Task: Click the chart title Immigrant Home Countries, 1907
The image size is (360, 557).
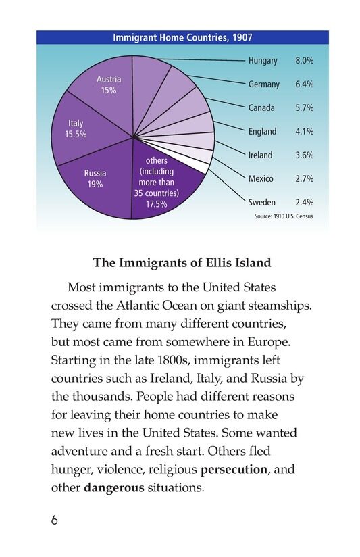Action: pos(182,38)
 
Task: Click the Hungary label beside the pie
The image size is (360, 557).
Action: pos(263,61)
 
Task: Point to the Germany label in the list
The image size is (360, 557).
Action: pos(263,84)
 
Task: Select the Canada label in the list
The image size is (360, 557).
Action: pos(261,108)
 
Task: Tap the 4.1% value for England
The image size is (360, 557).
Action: pos(304,132)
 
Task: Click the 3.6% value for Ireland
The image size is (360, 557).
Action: pos(304,155)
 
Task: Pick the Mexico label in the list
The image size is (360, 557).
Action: pos(261,178)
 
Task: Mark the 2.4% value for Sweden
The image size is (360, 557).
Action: pos(304,202)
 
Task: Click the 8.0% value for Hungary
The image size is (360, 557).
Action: pos(304,61)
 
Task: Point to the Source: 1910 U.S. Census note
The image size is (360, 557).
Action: pos(283,216)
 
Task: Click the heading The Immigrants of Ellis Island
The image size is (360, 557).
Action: pos(182,263)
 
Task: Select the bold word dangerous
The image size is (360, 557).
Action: pos(114,487)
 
